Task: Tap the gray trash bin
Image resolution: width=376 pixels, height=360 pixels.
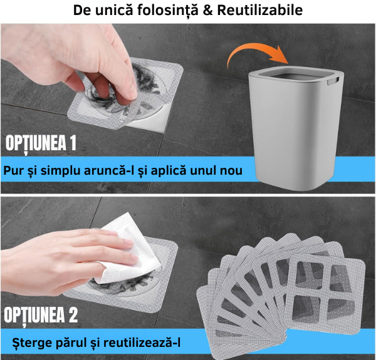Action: click(296, 127)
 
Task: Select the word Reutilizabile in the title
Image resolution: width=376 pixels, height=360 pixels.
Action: click(260, 10)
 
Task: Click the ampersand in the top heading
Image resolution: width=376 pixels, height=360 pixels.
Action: click(207, 10)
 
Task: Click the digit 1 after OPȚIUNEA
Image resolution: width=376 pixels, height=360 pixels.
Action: click(72, 143)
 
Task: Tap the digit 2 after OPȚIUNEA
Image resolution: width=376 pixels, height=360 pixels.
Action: click(73, 315)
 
